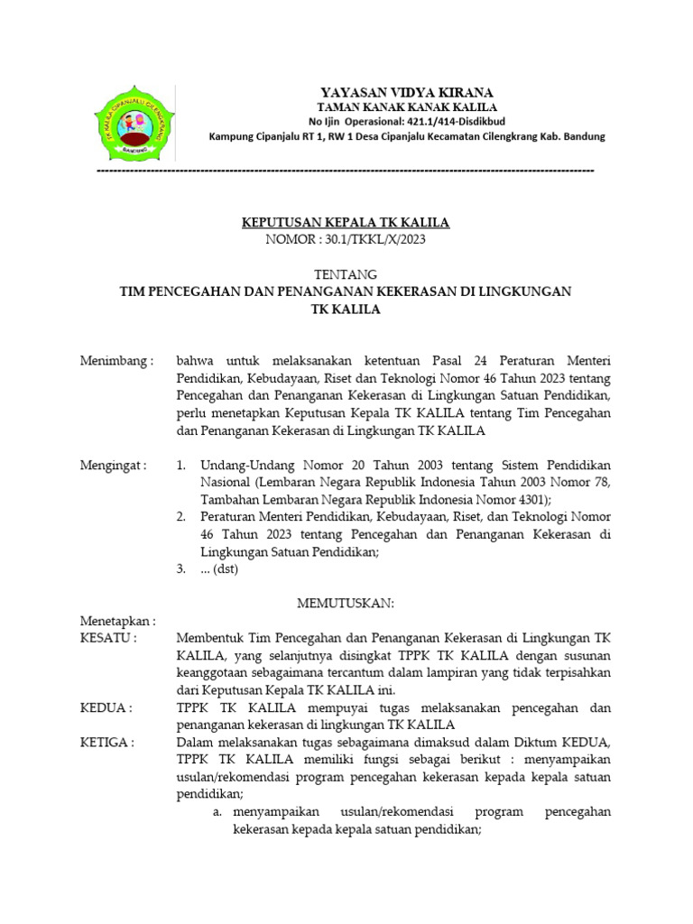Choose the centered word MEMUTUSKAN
(346, 602)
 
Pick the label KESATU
(107, 638)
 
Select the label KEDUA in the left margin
(105, 708)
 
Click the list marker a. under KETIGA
(217, 812)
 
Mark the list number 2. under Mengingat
(181, 517)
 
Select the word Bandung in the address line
(581, 136)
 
